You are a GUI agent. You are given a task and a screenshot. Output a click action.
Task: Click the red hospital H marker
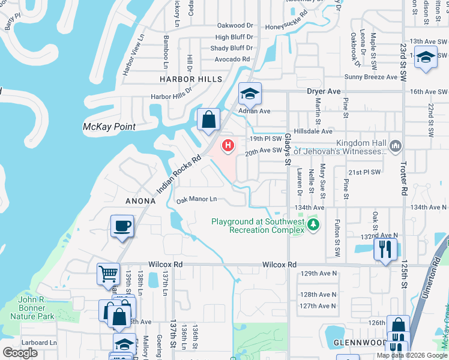pyautogui.click(x=228, y=145)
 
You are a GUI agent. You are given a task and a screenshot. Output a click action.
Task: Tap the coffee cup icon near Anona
pyautogui.click(x=122, y=226)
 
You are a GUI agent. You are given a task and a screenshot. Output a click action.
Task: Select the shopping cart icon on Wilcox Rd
pyautogui.click(x=108, y=274)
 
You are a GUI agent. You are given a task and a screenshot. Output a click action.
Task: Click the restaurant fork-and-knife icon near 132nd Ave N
pyautogui.click(x=385, y=247)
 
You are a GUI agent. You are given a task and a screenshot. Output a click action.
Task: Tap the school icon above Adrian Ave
pyautogui.click(x=249, y=93)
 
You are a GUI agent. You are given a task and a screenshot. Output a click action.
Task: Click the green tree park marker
pyautogui.click(x=312, y=225)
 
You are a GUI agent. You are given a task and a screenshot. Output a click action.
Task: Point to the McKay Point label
pyautogui.click(x=109, y=127)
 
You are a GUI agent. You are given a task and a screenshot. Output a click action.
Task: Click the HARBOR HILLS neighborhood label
pyautogui.click(x=190, y=79)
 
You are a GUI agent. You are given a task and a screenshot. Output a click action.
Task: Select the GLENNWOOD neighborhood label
pyautogui.click(x=359, y=343)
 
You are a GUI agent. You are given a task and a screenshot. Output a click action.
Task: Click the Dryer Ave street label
pyautogui.click(x=324, y=91)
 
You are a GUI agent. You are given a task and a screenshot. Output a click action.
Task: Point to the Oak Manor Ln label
pyautogui.click(x=196, y=199)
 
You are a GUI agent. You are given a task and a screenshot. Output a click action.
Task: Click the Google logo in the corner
pyautogui.click(x=20, y=353)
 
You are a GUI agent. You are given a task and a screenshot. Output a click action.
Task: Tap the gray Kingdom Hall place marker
pyautogui.click(x=395, y=146)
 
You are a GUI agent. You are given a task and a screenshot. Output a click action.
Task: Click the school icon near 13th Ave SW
pyautogui.click(x=426, y=58)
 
